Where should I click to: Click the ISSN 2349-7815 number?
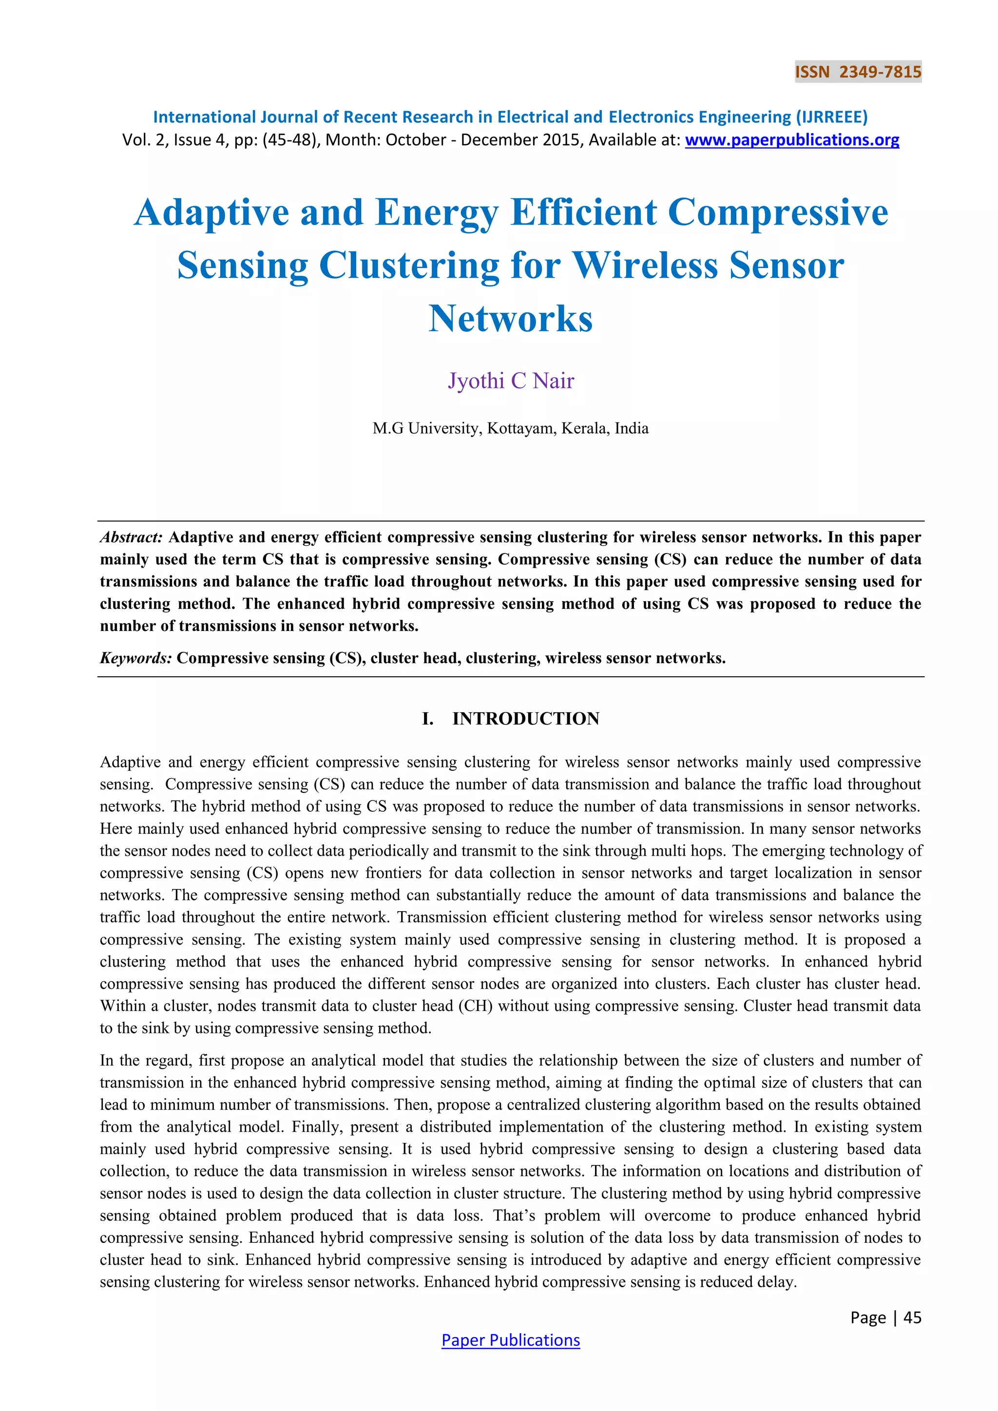click(858, 73)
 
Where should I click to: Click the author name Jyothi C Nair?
click(510, 381)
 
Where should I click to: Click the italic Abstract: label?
click(131, 537)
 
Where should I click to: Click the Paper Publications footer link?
click(510, 1340)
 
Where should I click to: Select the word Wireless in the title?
click(645, 266)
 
